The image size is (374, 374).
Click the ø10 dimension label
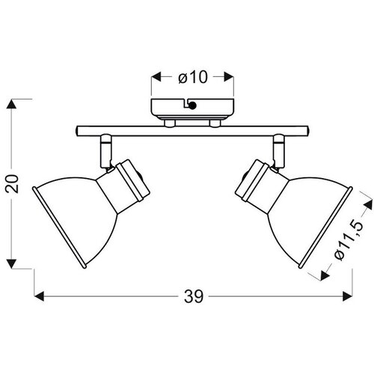[193, 77]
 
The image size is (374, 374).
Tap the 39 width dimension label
[194, 297]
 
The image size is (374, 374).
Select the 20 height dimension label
[12, 183]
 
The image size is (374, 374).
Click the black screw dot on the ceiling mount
[192, 105]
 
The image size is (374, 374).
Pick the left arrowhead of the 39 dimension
[39, 296]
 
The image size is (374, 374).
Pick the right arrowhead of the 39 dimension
[348, 296]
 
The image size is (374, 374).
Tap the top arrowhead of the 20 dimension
[11, 104]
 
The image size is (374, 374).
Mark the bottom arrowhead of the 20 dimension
[11, 264]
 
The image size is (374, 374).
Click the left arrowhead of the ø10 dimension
[156, 76]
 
